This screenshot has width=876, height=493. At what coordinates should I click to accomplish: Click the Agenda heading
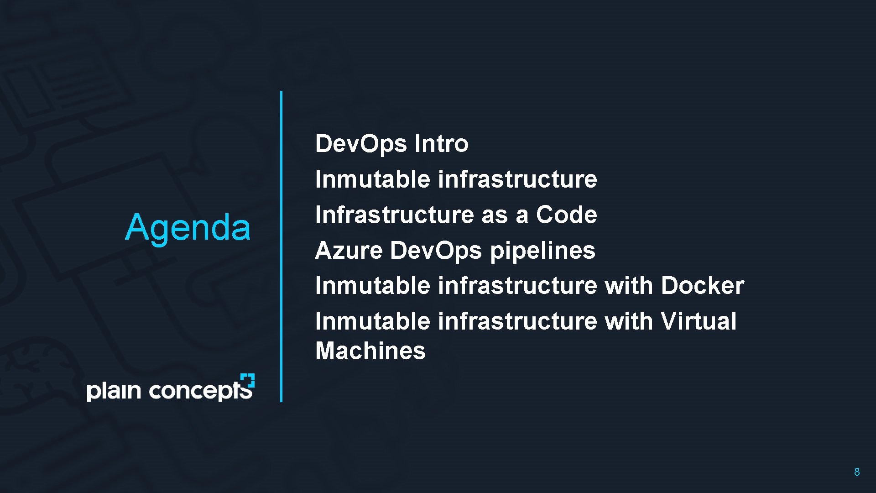coord(188,227)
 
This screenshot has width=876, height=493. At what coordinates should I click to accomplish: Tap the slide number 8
coord(857,472)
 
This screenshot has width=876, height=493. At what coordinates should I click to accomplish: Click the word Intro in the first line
coord(441,144)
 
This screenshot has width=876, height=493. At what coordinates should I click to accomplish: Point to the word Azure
coord(349,250)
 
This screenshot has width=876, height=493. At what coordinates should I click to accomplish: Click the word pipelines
coord(542,251)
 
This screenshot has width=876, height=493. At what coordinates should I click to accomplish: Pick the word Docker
coord(702,286)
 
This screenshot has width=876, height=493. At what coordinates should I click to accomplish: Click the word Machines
coord(370,351)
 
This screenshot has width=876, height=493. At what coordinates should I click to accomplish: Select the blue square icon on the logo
coord(248,380)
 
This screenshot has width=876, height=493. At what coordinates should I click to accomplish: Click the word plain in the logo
coord(114,391)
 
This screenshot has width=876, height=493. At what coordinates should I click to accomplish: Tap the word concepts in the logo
coord(200,391)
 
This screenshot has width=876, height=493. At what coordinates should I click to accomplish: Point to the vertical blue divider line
coord(281,246)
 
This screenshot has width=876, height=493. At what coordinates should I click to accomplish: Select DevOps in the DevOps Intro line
coord(360,144)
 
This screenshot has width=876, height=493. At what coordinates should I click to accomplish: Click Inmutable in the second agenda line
coord(372,179)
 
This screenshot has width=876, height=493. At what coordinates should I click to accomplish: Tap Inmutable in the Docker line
coord(372,286)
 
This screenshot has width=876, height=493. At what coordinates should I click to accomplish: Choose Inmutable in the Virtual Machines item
coord(372,321)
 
